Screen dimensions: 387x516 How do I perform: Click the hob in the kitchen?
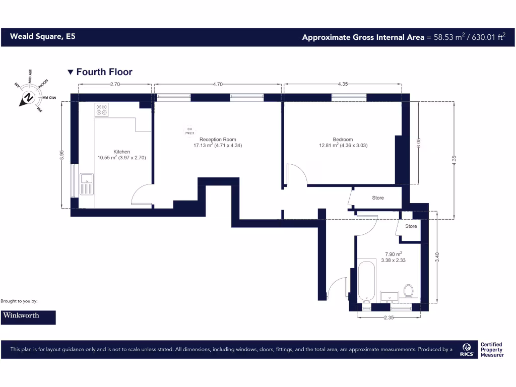pyautogui.click(x=102, y=110)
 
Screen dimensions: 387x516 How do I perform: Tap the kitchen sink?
pyautogui.click(x=86, y=184)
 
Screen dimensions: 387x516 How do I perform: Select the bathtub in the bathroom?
pyautogui.click(x=366, y=281)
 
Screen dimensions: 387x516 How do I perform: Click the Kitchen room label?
pyautogui.click(x=121, y=152)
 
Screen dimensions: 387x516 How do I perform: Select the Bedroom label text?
pyautogui.click(x=343, y=140)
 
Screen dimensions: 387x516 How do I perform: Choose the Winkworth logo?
pyautogui.click(x=28, y=317)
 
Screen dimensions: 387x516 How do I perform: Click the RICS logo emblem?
pyautogui.click(x=467, y=349)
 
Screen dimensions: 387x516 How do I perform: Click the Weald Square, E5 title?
pyautogui.click(x=43, y=37)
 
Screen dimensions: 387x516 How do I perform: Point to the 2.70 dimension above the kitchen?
pyautogui.click(x=115, y=85)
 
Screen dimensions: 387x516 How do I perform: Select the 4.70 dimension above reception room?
pyautogui.click(x=218, y=85)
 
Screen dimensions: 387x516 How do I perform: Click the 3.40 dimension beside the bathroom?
pyautogui.click(x=437, y=257)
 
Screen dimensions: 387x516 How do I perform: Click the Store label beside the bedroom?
pyautogui.click(x=378, y=198)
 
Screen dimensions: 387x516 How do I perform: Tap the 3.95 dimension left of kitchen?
pyautogui.click(x=62, y=155)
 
